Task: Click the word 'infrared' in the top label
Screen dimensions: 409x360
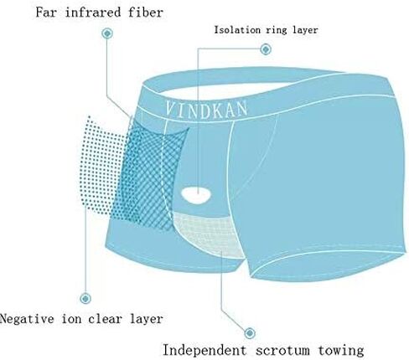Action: point(93,13)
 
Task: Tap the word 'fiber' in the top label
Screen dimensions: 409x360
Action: point(146,13)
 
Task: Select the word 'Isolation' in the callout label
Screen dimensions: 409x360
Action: point(237,29)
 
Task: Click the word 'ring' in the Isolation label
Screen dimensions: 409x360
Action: point(276,30)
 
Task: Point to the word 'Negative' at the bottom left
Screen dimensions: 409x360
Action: point(27,318)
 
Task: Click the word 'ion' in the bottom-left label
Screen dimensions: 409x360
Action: point(71,318)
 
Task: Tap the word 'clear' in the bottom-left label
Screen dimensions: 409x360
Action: point(105,318)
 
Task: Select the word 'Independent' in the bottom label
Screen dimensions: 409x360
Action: point(204,350)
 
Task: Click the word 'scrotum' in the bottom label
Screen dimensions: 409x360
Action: point(282,351)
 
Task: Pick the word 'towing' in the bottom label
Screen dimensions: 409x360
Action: point(341,351)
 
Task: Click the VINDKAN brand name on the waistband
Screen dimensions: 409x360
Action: point(206,110)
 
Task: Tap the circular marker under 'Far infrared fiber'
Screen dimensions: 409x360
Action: point(107,33)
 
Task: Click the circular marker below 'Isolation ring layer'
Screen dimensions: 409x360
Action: point(266,49)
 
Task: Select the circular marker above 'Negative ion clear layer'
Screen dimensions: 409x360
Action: point(85,299)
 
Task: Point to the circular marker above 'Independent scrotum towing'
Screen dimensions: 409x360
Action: point(250,333)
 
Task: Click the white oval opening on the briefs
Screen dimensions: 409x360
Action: point(196,195)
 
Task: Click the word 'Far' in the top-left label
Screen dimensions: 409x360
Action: point(47,13)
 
